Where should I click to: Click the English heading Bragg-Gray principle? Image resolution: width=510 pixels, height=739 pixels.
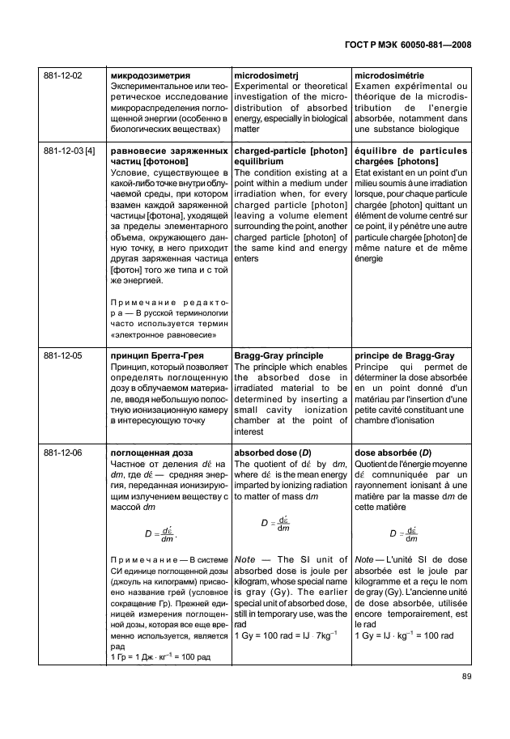(278, 355)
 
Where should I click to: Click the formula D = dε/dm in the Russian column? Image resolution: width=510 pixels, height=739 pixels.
(162, 534)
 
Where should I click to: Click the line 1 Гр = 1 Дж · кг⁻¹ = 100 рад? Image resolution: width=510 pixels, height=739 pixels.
(159, 656)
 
